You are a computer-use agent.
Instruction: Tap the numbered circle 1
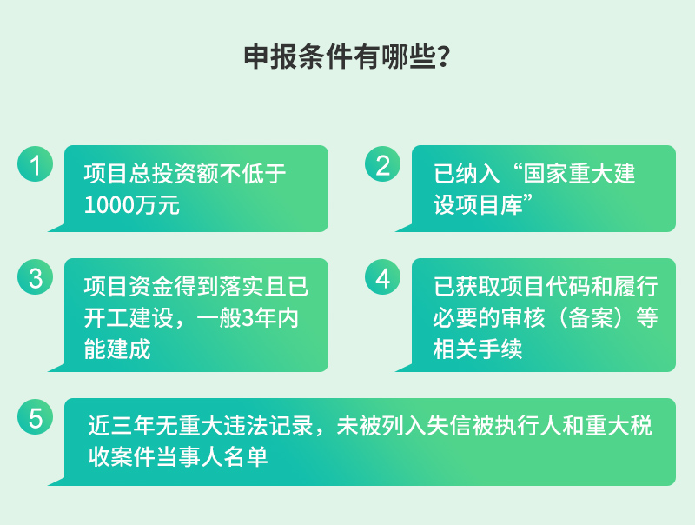click(35, 164)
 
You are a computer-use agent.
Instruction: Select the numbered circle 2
click(382, 164)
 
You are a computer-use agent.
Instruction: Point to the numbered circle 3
click(35, 277)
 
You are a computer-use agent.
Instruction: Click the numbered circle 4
click(382, 277)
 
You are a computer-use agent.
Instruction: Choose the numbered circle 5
click(35, 417)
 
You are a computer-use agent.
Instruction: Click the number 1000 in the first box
click(109, 205)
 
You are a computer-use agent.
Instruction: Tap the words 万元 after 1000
click(157, 205)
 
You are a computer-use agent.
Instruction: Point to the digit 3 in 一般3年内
click(248, 318)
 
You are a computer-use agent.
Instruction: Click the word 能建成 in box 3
click(117, 349)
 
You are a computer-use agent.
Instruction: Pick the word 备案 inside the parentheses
click(591, 318)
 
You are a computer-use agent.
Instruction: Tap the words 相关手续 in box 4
click(478, 349)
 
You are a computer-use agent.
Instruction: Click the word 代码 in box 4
click(568, 287)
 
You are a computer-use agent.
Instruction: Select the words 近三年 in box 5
click(122, 426)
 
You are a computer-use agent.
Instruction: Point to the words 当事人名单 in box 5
click(212, 457)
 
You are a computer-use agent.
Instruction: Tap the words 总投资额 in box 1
click(174, 173)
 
